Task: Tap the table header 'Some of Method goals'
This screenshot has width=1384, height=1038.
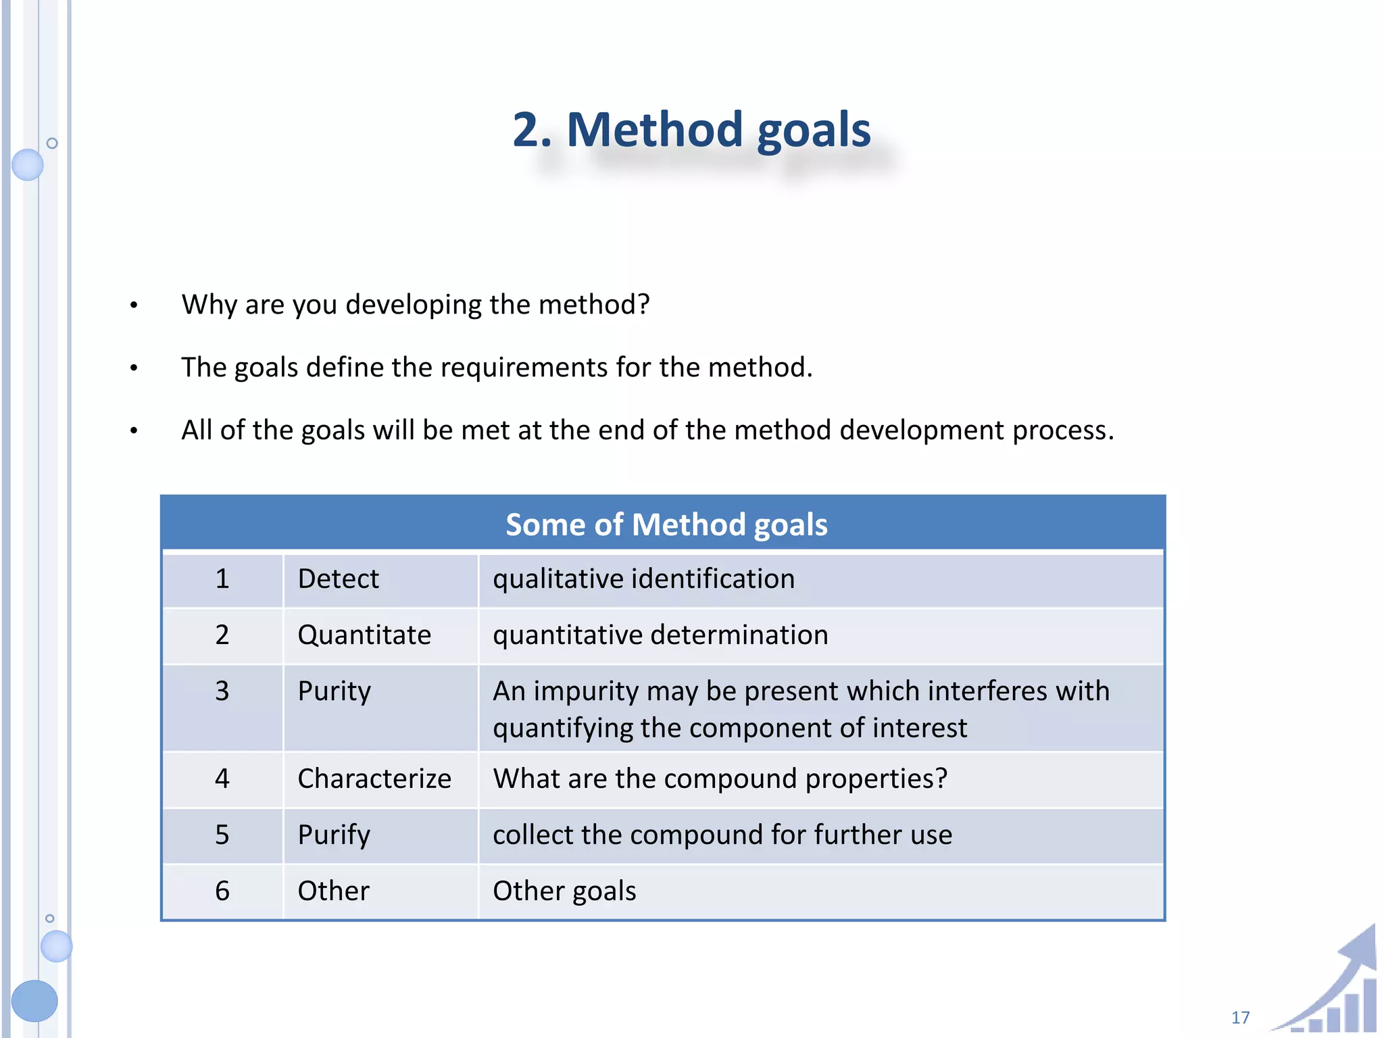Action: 666,524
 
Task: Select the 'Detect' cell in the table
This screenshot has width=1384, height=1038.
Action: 338,579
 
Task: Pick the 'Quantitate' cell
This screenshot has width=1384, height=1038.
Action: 364,635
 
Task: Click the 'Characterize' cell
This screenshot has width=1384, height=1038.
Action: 374,779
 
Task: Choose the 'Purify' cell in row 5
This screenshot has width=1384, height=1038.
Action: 334,835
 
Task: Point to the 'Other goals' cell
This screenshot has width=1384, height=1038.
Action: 564,891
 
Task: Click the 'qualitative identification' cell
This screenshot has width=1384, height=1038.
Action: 643,579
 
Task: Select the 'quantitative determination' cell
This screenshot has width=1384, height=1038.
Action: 660,635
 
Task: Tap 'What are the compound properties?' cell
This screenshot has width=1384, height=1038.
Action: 720,779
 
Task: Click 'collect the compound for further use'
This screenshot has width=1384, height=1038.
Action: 722,835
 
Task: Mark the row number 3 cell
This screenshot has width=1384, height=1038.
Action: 222,691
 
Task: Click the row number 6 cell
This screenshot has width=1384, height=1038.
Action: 222,891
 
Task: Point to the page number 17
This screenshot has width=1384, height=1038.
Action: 1240,1018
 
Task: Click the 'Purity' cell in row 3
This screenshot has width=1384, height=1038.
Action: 335,691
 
